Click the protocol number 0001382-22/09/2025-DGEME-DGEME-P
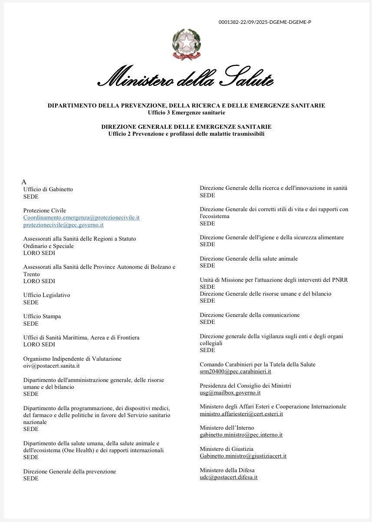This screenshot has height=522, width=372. (265, 22)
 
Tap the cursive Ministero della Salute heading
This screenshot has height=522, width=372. (186, 78)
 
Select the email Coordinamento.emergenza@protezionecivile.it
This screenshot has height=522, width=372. (81, 218)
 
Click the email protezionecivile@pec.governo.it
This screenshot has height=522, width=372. (63, 225)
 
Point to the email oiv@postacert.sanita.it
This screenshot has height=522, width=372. (51, 366)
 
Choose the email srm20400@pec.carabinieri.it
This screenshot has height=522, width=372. (235, 372)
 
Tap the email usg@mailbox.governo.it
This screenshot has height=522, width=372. (230, 393)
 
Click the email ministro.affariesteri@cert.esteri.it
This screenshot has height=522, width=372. (241, 414)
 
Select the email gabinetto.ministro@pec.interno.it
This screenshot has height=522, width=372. (241, 435)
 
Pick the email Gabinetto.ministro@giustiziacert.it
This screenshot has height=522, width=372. (243, 456)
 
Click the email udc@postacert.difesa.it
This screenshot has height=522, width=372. (228, 477)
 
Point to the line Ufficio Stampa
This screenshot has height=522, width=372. (42, 316)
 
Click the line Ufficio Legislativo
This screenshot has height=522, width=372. (46, 295)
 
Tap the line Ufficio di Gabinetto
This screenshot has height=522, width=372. (48, 189)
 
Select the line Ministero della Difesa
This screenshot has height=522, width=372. (227, 470)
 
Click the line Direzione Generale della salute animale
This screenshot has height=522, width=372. (249, 259)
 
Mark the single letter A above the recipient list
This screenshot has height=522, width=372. (24, 182)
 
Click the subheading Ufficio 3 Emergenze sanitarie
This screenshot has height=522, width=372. (186, 113)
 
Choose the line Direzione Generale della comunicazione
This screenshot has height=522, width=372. (250, 315)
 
